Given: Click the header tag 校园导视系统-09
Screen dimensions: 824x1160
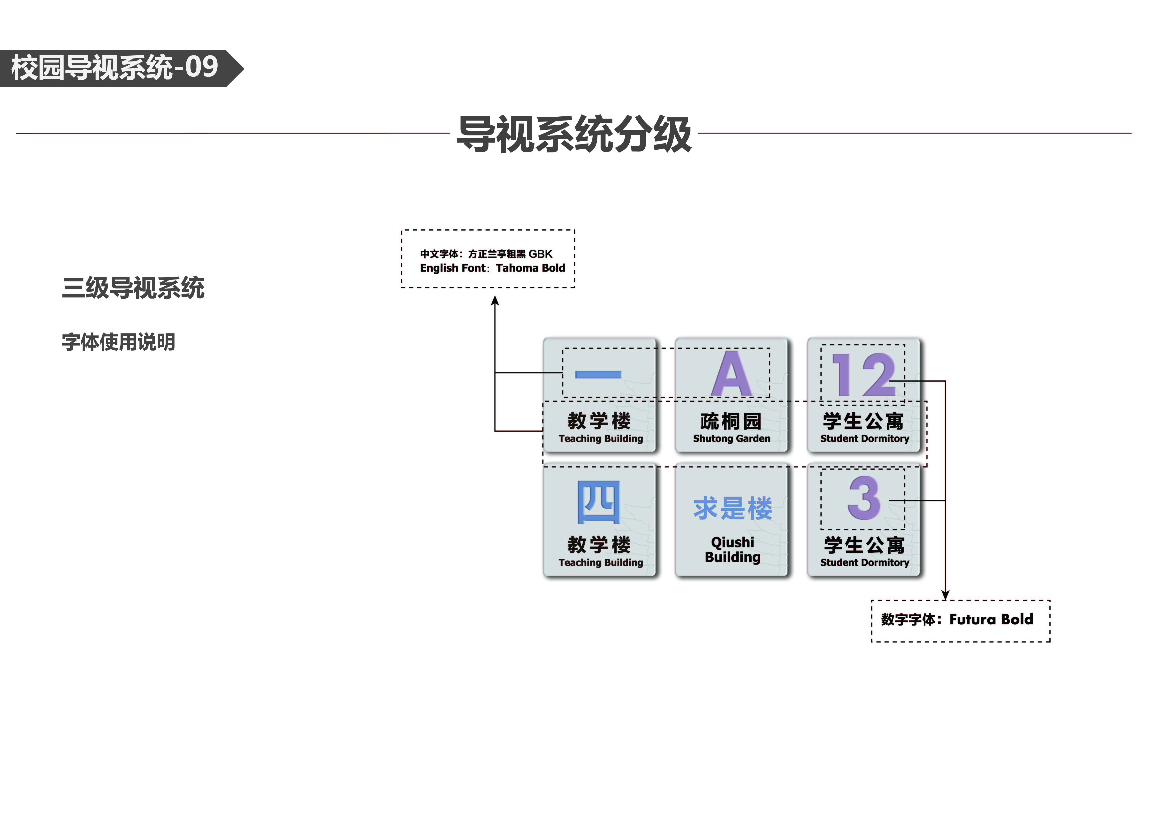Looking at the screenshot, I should tap(115, 68).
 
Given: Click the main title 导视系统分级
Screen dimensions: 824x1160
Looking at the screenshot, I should tap(574, 134).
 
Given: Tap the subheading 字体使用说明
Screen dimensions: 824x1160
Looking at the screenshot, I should tap(118, 342).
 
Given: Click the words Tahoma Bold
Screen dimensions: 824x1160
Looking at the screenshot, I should tap(530, 268).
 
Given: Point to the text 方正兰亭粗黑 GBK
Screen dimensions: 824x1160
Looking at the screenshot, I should tap(510, 254).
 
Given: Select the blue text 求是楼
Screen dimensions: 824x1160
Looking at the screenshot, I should tap(733, 508).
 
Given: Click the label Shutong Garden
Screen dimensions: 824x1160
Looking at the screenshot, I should tap(732, 438).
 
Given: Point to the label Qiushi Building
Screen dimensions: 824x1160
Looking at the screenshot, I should tap(733, 550).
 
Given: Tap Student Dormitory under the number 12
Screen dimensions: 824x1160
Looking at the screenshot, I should tap(865, 438).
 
